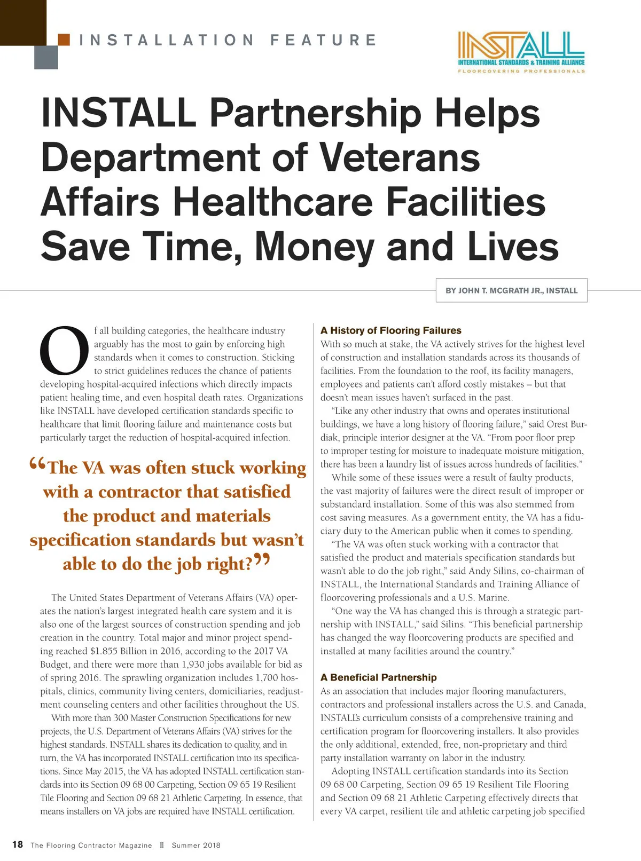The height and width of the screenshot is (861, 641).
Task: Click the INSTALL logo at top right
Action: (521, 52)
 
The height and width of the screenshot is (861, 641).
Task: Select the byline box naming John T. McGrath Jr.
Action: (512, 290)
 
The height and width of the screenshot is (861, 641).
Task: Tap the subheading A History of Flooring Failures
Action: (390, 330)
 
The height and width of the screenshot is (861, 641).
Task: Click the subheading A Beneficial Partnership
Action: (378, 677)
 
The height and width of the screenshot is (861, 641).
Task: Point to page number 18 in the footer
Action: (18, 844)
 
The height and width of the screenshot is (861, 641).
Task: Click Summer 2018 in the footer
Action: (196, 845)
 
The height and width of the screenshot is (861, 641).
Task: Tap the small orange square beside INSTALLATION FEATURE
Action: (64, 40)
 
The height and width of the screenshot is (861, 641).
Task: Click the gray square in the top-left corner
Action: (46, 57)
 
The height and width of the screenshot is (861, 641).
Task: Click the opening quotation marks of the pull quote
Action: (38, 464)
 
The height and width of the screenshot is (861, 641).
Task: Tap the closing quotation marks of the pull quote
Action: (262, 560)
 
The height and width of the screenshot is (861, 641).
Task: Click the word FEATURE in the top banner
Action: (324, 40)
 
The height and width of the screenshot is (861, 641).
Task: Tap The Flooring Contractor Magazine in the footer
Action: (91, 845)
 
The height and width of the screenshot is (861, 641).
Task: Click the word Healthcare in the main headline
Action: (273, 202)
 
